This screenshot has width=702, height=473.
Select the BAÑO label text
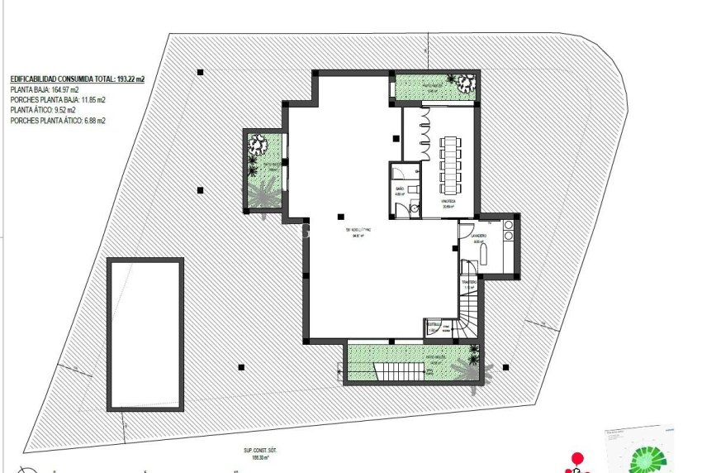[400, 189]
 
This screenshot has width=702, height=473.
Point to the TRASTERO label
[470, 282]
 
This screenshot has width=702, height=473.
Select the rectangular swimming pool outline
[145, 333]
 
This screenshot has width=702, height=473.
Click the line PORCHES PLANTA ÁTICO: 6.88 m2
[58, 120]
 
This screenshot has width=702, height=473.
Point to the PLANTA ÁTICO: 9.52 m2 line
[43, 110]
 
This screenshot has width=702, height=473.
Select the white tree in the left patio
[260, 146]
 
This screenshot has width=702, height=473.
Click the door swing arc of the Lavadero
[465, 232]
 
